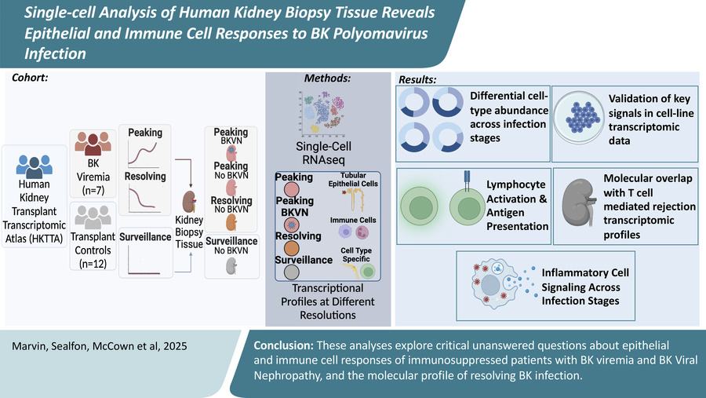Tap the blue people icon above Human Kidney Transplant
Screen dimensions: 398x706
click(34, 166)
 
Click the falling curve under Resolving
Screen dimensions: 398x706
click(146, 200)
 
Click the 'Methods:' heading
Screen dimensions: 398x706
click(328, 79)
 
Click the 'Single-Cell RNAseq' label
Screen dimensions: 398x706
click(329, 155)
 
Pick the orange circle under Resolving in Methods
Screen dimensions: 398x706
click(291, 250)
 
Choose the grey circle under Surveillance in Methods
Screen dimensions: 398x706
click(291, 272)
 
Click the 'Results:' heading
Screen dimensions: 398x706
click(418, 80)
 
